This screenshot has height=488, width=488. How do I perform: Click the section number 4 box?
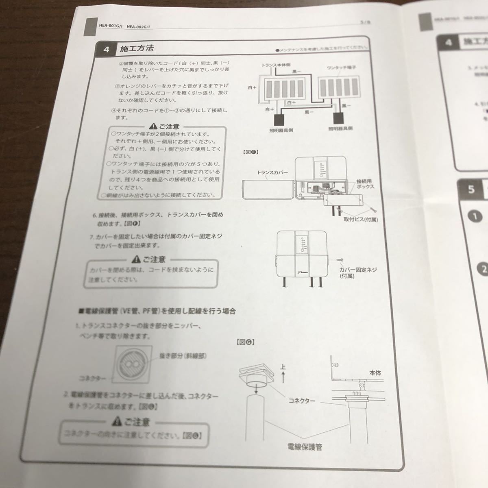[x=107, y=49]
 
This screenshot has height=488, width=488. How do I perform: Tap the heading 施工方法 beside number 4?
[x=137, y=48]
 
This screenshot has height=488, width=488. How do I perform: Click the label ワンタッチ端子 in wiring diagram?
[x=341, y=67]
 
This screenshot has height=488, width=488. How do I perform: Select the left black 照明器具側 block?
[x=280, y=120]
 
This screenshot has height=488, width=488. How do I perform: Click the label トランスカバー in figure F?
[x=272, y=172]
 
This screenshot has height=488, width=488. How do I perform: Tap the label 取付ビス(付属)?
[x=360, y=219]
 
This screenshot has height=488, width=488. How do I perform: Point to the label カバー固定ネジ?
[x=358, y=270]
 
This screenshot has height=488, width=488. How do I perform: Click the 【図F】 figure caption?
[x=251, y=152]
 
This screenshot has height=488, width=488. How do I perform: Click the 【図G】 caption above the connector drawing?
[x=245, y=342]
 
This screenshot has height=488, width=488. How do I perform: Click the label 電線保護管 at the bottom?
[x=305, y=447]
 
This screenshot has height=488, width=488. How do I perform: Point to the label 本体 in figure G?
[x=375, y=372]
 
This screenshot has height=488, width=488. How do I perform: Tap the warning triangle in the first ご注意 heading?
[x=154, y=126]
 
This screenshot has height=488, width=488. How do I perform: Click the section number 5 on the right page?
[x=471, y=189]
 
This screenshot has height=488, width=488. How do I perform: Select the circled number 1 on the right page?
[x=475, y=216]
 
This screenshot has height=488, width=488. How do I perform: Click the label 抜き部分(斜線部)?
[x=183, y=356]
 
